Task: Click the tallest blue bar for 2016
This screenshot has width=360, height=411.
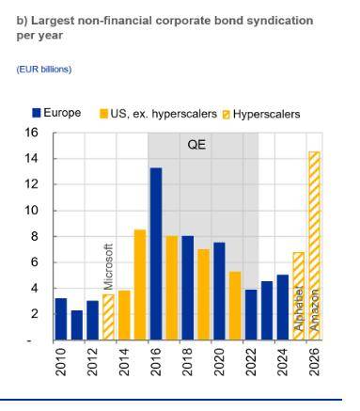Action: (x=156, y=254)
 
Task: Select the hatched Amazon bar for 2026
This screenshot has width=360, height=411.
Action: (x=314, y=245)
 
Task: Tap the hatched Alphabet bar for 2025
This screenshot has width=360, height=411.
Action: (x=298, y=296)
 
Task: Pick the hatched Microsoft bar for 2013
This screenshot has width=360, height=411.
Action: (x=108, y=317)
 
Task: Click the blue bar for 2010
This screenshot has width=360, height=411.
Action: (x=61, y=319)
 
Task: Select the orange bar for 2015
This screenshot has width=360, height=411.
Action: (x=140, y=285)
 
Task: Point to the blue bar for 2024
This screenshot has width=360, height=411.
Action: (x=283, y=308)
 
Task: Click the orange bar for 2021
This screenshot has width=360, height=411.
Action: (x=235, y=306)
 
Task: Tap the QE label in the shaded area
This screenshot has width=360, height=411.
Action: (x=196, y=145)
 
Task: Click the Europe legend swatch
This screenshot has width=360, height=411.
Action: (x=37, y=113)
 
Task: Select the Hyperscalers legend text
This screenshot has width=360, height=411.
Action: (x=266, y=114)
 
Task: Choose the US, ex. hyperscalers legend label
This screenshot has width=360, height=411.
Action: (x=164, y=114)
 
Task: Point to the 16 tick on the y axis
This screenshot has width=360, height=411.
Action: (x=31, y=133)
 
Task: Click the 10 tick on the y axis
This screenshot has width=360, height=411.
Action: (x=31, y=211)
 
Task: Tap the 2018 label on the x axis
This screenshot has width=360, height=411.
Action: (x=187, y=362)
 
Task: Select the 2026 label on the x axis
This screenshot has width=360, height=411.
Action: (x=314, y=362)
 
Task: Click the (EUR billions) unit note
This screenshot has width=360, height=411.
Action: (x=44, y=70)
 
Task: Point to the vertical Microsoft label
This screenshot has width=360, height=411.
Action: (x=108, y=267)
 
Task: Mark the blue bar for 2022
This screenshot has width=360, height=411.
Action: (x=251, y=315)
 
